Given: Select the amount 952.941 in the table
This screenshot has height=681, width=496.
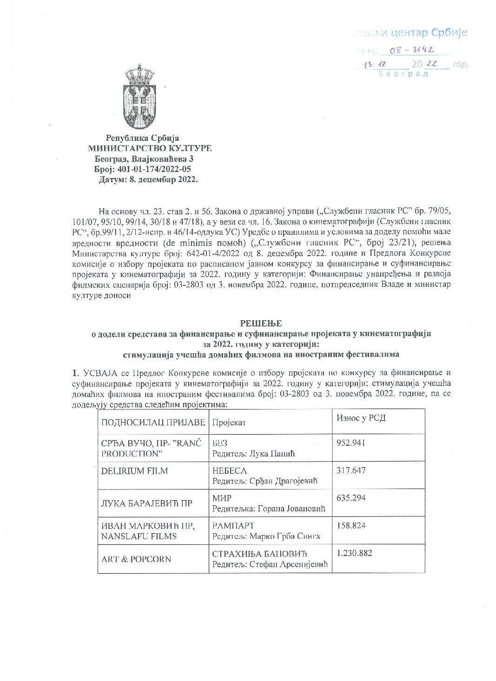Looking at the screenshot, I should coord(351,443).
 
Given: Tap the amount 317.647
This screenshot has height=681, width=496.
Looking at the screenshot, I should coord(351,470).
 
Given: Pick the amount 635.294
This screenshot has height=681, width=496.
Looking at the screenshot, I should coord(351,498).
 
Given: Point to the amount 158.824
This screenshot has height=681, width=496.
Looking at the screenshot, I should coord(351,525).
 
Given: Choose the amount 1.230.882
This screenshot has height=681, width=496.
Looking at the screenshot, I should coord(354,553).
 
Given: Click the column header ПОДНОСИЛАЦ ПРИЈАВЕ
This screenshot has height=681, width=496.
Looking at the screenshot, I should coord(153,422).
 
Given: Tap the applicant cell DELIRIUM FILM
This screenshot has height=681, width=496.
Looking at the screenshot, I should coord(134,471).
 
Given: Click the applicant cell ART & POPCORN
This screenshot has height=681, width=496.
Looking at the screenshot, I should coord(136,559).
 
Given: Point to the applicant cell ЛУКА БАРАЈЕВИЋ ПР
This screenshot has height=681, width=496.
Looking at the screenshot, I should coord(147,503).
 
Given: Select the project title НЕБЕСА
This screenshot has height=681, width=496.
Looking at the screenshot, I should coord(229,471).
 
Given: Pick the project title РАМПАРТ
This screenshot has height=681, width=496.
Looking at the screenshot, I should coord(233,526).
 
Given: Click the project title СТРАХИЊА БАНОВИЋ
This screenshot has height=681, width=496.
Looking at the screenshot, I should coord(259,554).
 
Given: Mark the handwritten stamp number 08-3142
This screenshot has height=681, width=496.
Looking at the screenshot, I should coord(412,50).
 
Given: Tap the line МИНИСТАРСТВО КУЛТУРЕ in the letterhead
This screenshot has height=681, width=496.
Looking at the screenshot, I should coord(150,148).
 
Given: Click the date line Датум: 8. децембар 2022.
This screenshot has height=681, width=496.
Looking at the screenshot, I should coord(148,179).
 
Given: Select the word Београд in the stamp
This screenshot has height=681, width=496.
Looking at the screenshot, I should coord(403,74).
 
